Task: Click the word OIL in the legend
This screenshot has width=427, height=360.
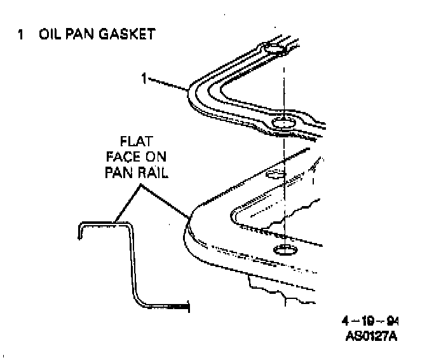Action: [x=50, y=34]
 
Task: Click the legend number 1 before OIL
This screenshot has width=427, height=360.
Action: [x=21, y=34]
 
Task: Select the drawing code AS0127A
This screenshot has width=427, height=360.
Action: [x=372, y=335]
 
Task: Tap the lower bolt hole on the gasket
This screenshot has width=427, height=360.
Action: [x=281, y=123]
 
